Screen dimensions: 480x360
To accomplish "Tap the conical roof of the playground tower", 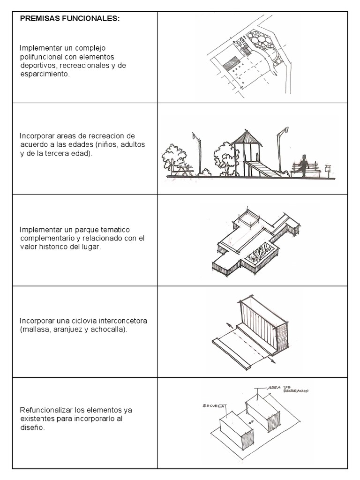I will click(x=247, y=137).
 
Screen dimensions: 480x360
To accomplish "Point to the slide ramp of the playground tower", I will click(x=262, y=169).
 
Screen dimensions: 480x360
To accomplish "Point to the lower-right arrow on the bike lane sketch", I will click(x=272, y=360).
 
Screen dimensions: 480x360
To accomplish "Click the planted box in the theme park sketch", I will click(x=259, y=256).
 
